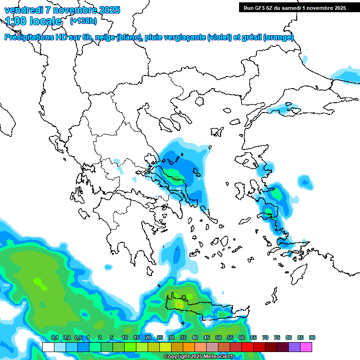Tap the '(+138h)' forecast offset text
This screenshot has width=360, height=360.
[83, 21]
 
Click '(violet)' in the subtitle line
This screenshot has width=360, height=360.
[220, 37]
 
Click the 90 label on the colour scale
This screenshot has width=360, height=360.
[312, 337]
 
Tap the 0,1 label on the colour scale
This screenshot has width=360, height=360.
[55, 337]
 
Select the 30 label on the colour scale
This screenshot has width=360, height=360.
[172, 337]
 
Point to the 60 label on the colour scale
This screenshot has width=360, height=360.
[242, 337]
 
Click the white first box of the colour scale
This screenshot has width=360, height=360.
[48, 347]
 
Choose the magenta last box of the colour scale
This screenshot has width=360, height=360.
[306, 347]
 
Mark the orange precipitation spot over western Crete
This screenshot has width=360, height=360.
[180, 305]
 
